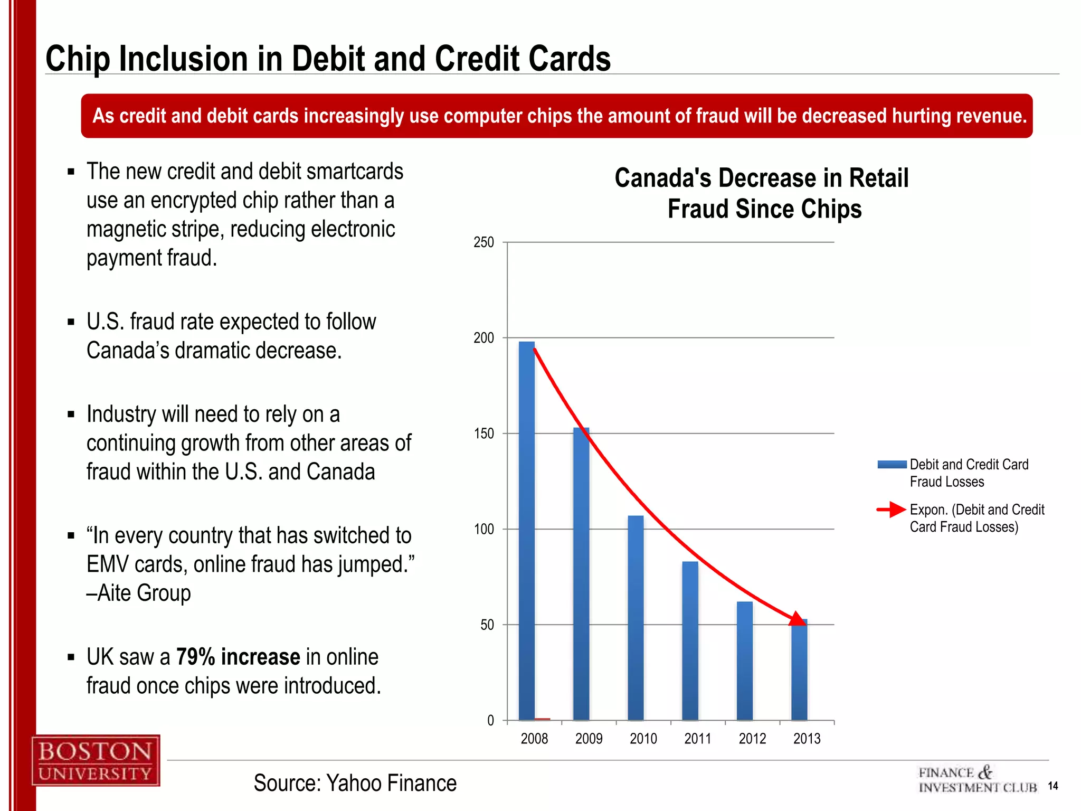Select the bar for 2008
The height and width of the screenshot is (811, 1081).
[x=526, y=531]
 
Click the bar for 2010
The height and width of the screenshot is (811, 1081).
[x=636, y=618]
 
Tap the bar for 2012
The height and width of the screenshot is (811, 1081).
[x=744, y=661]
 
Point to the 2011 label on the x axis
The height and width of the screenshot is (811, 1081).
[x=697, y=738]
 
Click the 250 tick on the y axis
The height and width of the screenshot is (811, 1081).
[x=483, y=242]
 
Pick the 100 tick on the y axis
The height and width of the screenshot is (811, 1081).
[x=483, y=529]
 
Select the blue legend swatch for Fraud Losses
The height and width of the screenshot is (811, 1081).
[x=892, y=465]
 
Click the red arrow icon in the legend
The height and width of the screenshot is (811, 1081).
[x=892, y=510]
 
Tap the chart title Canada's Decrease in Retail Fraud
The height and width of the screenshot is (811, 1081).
[x=761, y=193]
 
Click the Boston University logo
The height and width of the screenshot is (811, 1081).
[x=96, y=760]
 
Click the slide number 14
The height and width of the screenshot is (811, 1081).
[x=1052, y=786]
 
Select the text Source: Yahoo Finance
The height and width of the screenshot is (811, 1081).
[x=355, y=783]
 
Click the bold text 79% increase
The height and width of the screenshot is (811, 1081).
[x=238, y=657]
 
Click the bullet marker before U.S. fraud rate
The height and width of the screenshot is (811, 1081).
[x=71, y=322]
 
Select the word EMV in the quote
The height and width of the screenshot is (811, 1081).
[x=108, y=564]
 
